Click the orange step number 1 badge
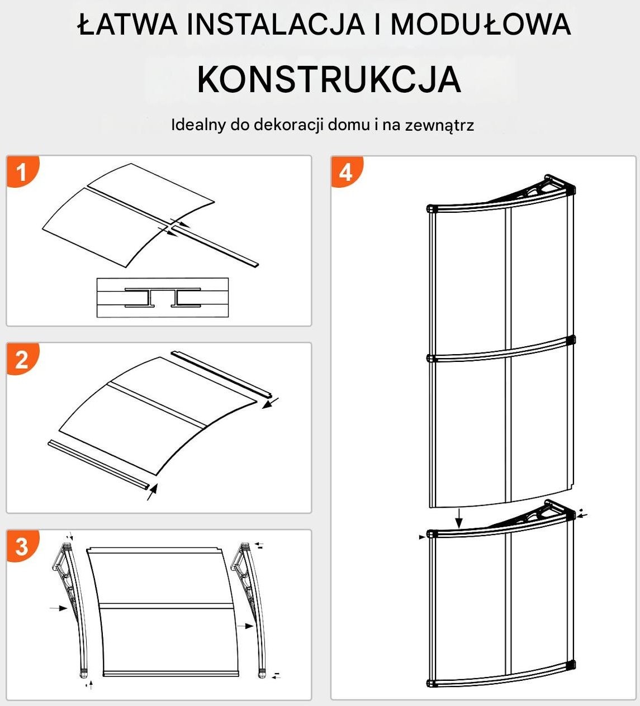[x=21, y=171]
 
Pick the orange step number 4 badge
[x=346, y=172]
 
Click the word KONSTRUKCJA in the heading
[x=329, y=79]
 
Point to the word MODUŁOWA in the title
[x=480, y=25]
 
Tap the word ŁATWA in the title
[x=128, y=25]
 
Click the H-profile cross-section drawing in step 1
[x=162, y=298]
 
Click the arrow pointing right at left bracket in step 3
[x=58, y=608]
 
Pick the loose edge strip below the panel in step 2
[x=98, y=464]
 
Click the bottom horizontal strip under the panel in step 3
[x=168, y=674]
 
